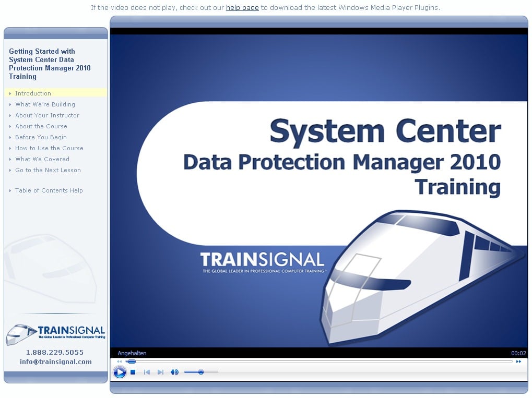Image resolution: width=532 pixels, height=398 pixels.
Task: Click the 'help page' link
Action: tap(242, 7)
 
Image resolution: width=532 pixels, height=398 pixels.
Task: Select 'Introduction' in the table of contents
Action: tap(33, 93)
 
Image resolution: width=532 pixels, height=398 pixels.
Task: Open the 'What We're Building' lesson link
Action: tap(45, 104)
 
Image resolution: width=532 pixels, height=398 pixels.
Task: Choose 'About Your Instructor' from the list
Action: tap(47, 115)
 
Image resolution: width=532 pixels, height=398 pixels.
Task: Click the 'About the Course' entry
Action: tap(41, 126)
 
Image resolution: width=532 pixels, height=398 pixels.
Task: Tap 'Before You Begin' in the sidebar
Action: tap(41, 137)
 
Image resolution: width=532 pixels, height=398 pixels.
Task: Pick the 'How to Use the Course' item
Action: tap(49, 148)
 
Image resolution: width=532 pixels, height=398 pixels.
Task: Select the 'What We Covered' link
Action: tap(42, 159)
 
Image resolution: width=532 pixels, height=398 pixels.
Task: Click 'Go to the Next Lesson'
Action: tap(48, 170)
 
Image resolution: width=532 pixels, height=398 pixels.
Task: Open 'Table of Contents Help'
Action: tap(49, 190)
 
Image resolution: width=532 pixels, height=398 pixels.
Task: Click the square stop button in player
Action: tap(133, 372)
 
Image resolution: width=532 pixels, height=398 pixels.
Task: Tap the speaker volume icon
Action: tap(174, 372)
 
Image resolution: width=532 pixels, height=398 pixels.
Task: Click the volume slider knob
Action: tap(201, 372)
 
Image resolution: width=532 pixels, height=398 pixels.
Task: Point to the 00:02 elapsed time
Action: tap(519, 353)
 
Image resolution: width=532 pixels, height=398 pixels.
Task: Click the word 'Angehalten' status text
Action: tap(132, 353)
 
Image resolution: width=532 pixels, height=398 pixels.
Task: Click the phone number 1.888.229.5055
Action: tap(55, 352)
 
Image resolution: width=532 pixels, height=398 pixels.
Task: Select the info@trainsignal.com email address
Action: tap(56, 361)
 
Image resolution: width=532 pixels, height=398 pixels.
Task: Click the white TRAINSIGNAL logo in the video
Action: tap(262, 260)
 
